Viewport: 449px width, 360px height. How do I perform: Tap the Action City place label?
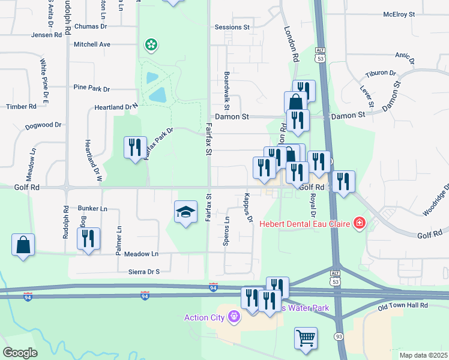point(203,317)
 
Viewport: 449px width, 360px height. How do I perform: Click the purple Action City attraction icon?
point(234,316)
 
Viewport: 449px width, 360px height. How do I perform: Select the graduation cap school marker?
point(185,212)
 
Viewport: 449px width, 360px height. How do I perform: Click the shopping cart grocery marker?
point(306,338)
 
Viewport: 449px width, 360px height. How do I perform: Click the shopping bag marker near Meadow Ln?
point(23,245)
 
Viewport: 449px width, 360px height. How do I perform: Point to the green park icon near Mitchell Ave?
point(151,44)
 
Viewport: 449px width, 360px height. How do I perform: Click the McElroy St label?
point(399,14)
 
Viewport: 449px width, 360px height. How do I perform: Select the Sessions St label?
point(232,28)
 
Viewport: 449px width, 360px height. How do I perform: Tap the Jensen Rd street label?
point(49,35)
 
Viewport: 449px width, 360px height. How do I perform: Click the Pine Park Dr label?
point(91,88)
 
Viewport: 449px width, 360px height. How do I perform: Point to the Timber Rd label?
point(21,106)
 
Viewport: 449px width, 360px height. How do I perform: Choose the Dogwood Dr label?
point(43,126)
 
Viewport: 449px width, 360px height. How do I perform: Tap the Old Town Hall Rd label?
point(402,305)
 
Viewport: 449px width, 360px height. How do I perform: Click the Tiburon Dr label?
point(381,74)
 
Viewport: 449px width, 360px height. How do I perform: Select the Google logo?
point(20,353)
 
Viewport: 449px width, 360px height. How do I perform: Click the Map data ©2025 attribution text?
point(423,355)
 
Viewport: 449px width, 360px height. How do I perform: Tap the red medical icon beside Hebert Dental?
point(359,224)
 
